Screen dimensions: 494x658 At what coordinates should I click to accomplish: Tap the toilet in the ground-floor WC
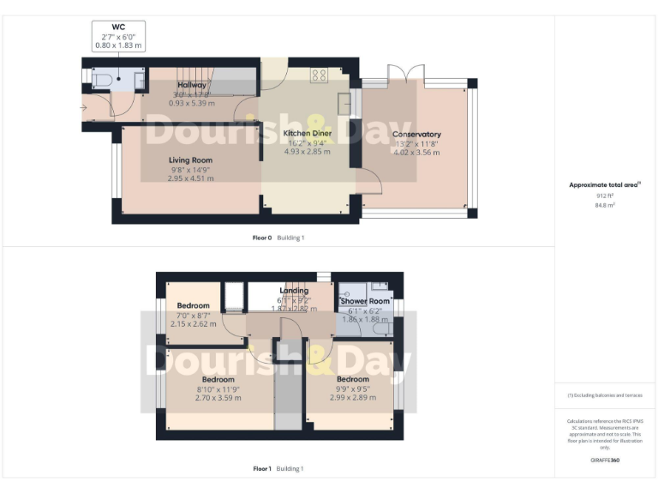[x=99, y=80]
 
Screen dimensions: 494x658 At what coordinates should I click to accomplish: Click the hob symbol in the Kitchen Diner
[x=320, y=75]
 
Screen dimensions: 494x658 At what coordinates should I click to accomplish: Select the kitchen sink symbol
[x=345, y=102]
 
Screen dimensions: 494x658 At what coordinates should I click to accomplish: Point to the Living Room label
[x=190, y=160]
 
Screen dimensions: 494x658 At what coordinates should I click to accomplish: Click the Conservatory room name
[x=416, y=135]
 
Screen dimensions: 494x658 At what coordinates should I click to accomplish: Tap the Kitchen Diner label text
[x=308, y=134]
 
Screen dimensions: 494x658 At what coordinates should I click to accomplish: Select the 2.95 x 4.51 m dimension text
[x=190, y=178]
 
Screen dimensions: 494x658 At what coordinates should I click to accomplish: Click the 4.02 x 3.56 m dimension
[x=416, y=153]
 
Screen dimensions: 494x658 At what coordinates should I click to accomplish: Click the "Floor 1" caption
[x=262, y=468]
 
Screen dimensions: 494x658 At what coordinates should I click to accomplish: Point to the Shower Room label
[x=365, y=301]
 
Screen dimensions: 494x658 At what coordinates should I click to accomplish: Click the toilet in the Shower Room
[x=383, y=327]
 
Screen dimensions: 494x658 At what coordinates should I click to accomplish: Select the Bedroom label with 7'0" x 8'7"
[x=193, y=305]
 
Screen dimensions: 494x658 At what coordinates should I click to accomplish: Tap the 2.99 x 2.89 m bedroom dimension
[x=352, y=398]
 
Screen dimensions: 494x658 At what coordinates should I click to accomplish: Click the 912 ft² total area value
[x=605, y=196]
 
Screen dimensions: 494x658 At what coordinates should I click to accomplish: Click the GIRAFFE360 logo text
[x=605, y=461]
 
